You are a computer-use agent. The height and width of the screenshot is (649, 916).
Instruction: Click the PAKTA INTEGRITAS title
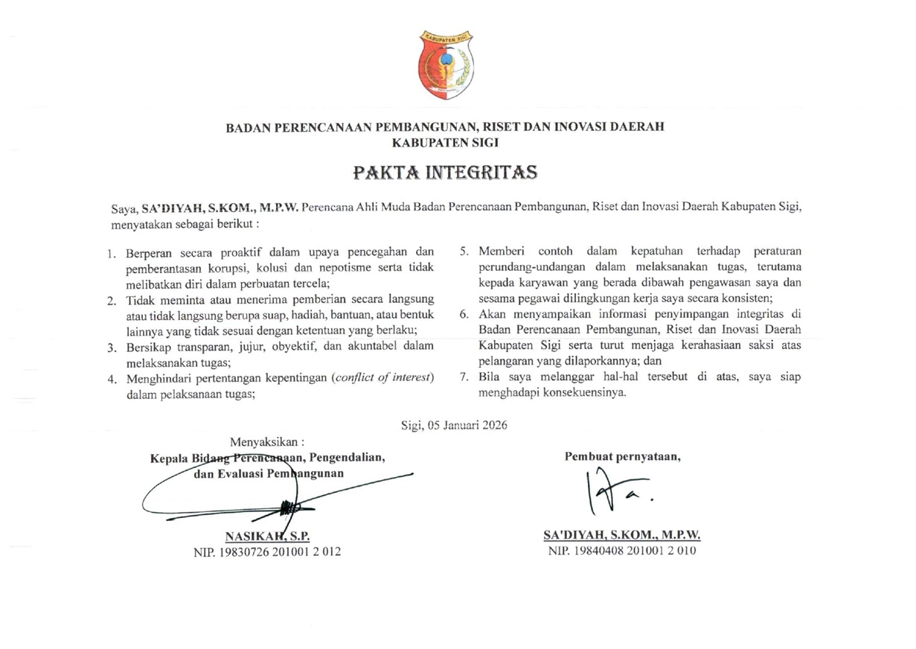point(445,173)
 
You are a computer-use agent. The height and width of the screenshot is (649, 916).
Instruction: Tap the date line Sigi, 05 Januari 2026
point(454,426)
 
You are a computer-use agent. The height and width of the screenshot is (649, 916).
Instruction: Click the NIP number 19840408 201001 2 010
point(621,552)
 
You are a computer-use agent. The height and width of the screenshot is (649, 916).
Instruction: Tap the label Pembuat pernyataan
point(623,456)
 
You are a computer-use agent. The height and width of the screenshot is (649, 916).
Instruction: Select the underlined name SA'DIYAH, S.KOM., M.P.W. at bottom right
point(622,536)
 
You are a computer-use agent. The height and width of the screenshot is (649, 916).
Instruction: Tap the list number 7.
point(463,377)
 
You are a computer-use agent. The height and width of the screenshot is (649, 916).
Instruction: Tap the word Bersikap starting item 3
point(147,346)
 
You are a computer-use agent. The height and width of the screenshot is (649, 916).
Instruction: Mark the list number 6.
point(463,314)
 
